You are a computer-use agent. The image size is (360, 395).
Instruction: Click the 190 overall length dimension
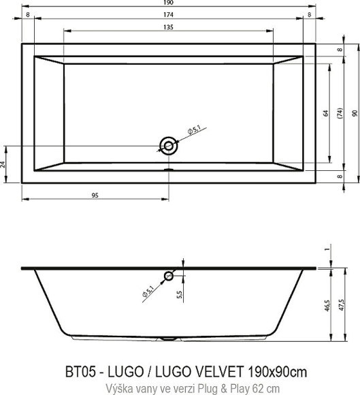168,3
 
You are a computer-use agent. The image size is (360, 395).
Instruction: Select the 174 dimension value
168,14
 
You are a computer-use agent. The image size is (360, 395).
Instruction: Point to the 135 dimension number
168,27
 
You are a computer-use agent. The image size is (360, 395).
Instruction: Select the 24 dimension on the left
3,164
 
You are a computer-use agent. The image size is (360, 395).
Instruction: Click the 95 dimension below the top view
95,195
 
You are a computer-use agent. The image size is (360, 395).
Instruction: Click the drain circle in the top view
168,144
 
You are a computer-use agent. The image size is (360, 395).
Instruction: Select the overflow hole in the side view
168,276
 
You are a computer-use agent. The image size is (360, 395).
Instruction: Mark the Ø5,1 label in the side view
150,291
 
